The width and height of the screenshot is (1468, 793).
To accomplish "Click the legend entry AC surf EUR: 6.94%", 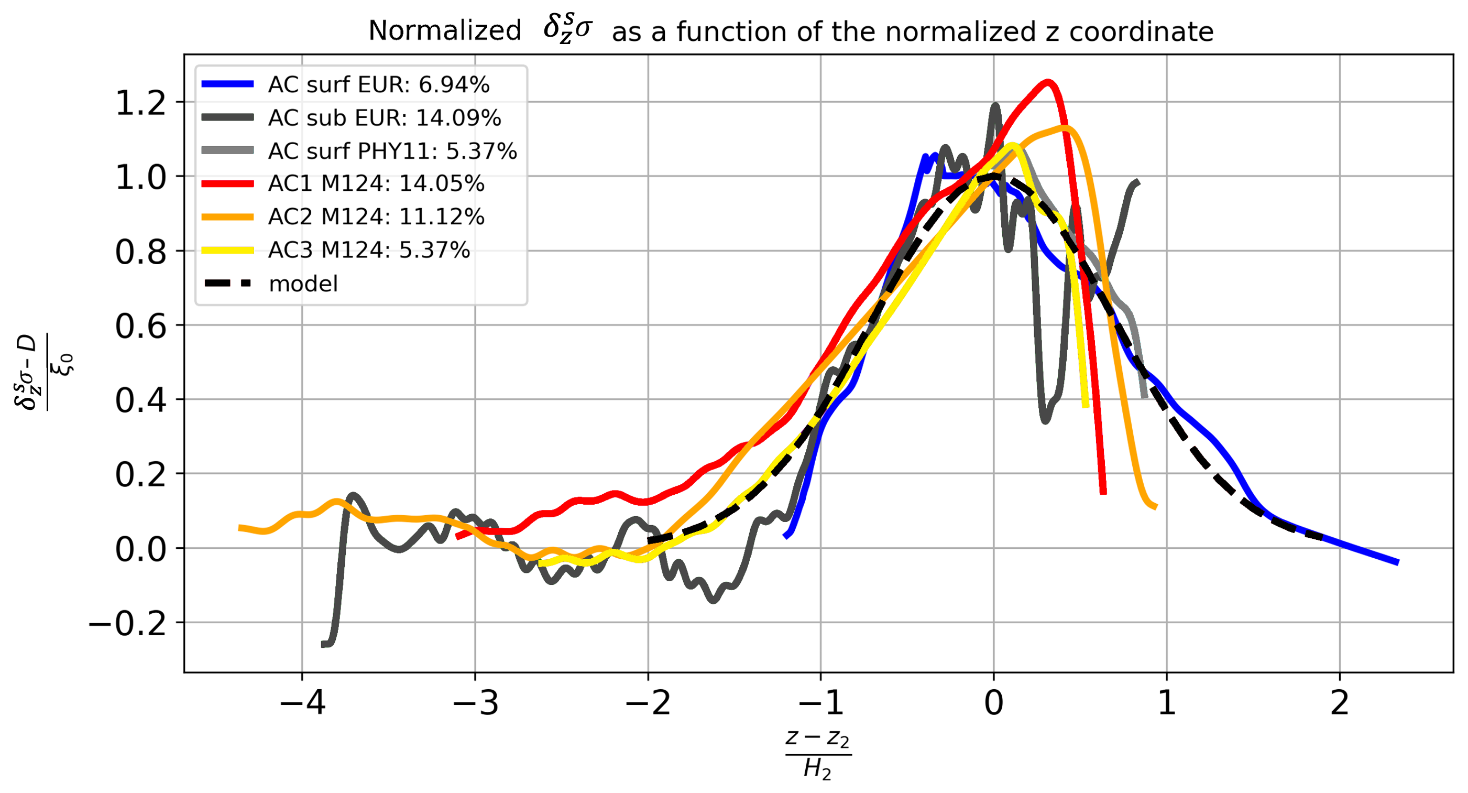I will pyautogui.click(x=378, y=85).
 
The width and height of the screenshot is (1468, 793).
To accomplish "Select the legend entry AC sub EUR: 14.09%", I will pyautogui.click(x=384, y=118).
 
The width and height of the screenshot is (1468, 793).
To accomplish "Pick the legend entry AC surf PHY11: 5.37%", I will pyautogui.click(x=392, y=151).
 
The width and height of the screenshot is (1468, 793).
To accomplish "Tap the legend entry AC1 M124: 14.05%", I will pyautogui.click(x=376, y=183).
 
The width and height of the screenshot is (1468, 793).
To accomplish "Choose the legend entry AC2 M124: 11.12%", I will pyautogui.click(x=376, y=216).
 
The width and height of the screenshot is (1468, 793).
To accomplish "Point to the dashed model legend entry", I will pyautogui.click(x=303, y=284).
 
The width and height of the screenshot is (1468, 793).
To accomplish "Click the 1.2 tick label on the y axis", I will pyautogui.click(x=140, y=104).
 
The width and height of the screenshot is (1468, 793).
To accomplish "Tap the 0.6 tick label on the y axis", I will pyautogui.click(x=140, y=327).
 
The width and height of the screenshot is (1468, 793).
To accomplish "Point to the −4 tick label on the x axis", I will pyautogui.click(x=302, y=703).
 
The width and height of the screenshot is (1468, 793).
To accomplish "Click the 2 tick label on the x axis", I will pyautogui.click(x=1339, y=703).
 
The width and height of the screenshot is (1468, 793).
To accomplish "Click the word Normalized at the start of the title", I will pyautogui.click(x=444, y=31).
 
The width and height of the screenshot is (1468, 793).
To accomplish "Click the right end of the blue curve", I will pyautogui.click(x=1397, y=562).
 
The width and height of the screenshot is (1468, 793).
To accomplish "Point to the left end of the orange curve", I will pyautogui.click(x=239, y=528).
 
